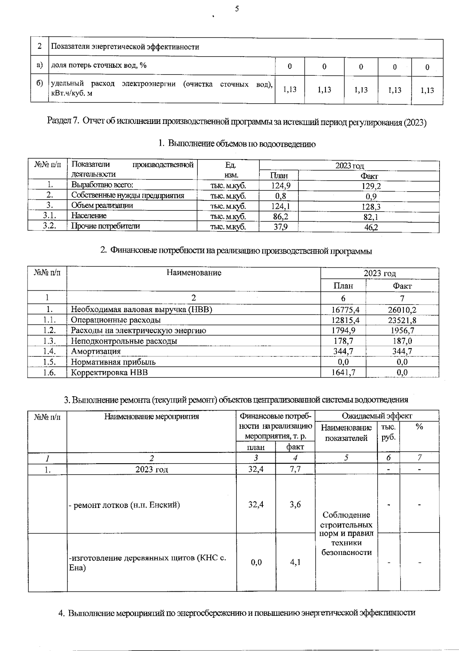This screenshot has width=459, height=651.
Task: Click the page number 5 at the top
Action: [237, 9]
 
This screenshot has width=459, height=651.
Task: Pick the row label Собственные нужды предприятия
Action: [128, 195]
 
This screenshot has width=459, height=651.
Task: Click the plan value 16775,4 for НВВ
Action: [343, 310]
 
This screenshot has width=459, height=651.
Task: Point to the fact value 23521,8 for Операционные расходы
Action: [402, 320]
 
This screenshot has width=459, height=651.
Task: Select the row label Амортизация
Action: [96, 351]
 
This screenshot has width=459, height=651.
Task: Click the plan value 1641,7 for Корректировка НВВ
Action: [343, 372]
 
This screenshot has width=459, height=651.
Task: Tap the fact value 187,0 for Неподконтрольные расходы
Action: [402, 341]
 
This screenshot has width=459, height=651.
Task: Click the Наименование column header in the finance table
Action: [194, 273]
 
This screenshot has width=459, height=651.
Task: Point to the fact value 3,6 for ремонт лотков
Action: [295, 505]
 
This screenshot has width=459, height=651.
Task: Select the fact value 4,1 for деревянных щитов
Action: [295, 562]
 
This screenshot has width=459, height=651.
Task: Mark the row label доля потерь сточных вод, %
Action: [99, 65]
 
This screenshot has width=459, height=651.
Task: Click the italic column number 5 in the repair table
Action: [346, 458]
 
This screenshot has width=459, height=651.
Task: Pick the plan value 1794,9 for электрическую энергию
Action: [343, 330]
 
